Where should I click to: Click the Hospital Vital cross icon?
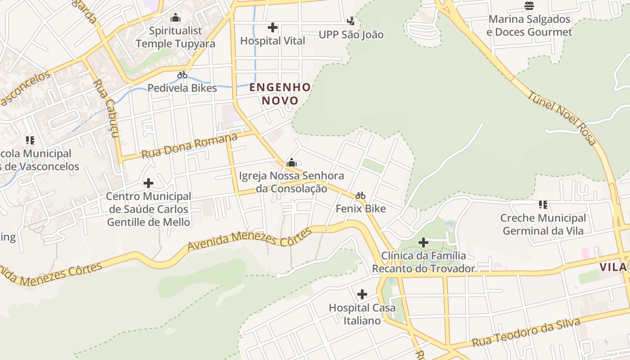272,27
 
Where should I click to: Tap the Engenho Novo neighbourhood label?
280,94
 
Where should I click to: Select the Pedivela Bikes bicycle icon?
182,75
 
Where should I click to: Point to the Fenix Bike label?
360,209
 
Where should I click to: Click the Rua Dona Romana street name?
189,146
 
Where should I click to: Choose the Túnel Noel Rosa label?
562,118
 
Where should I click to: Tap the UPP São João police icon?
351,21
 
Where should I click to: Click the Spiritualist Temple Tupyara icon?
175,18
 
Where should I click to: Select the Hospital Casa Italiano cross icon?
362,295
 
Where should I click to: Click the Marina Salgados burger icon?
529,6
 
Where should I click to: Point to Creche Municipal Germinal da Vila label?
543,225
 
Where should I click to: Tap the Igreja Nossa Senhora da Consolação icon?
292,162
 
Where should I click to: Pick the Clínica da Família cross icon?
423,243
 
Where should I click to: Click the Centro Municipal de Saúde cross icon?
148,183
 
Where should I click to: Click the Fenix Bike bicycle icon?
360,196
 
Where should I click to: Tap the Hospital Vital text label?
272,41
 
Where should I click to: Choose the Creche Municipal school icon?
543,205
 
